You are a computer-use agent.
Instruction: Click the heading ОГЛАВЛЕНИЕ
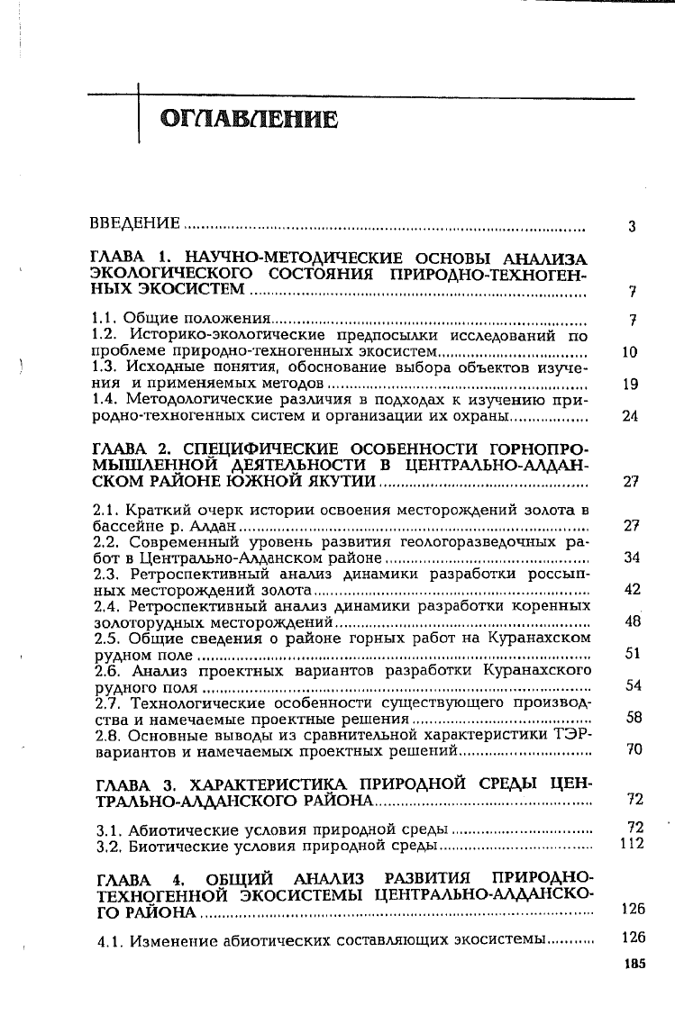coord(249,120)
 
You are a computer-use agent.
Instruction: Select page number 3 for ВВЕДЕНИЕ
coord(633,227)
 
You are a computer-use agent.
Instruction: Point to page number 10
coord(631,352)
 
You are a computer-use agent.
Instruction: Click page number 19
coord(631,385)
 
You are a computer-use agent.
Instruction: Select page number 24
coord(631,417)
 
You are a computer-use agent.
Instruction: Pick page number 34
coord(631,557)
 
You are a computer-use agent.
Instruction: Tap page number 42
coord(631,589)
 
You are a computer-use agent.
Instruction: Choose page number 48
coord(631,621)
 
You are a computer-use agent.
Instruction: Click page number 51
coord(631,654)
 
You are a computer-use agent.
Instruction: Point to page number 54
coord(631,685)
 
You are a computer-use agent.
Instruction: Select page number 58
coord(631,718)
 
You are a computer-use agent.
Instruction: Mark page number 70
coord(631,749)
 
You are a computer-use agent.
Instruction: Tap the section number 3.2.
coord(109,847)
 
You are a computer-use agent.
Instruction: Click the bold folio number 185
coord(634,963)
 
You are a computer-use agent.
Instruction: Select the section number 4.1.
coord(110,939)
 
